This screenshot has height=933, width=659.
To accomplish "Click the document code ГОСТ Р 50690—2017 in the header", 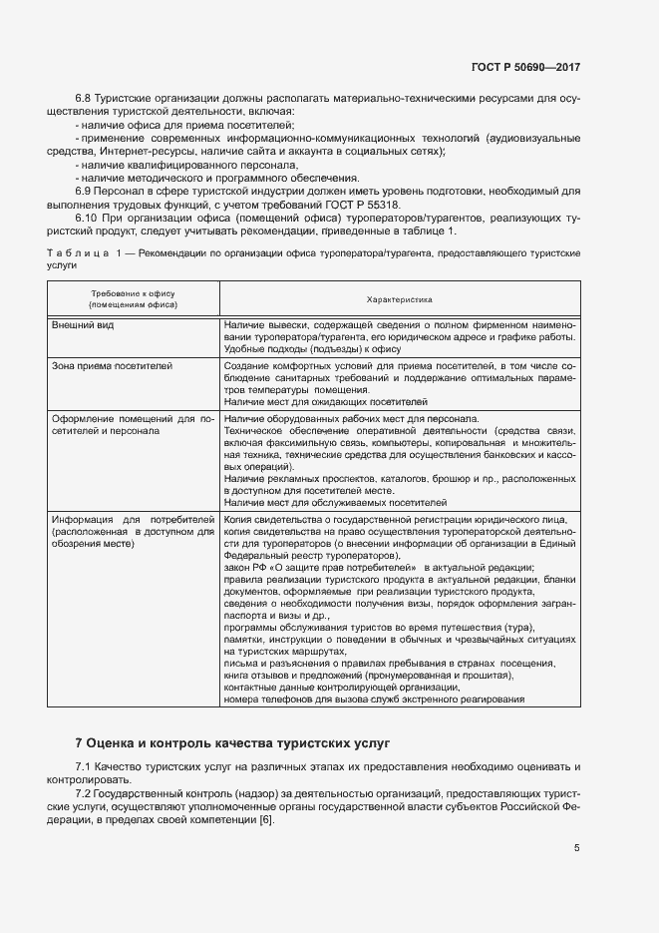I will tap(525, 67).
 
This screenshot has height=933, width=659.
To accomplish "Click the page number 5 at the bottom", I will tap(576, 849).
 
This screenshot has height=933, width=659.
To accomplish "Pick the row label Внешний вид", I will tap(83, 325).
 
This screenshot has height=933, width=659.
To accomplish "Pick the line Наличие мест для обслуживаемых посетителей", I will tap(336, 503).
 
